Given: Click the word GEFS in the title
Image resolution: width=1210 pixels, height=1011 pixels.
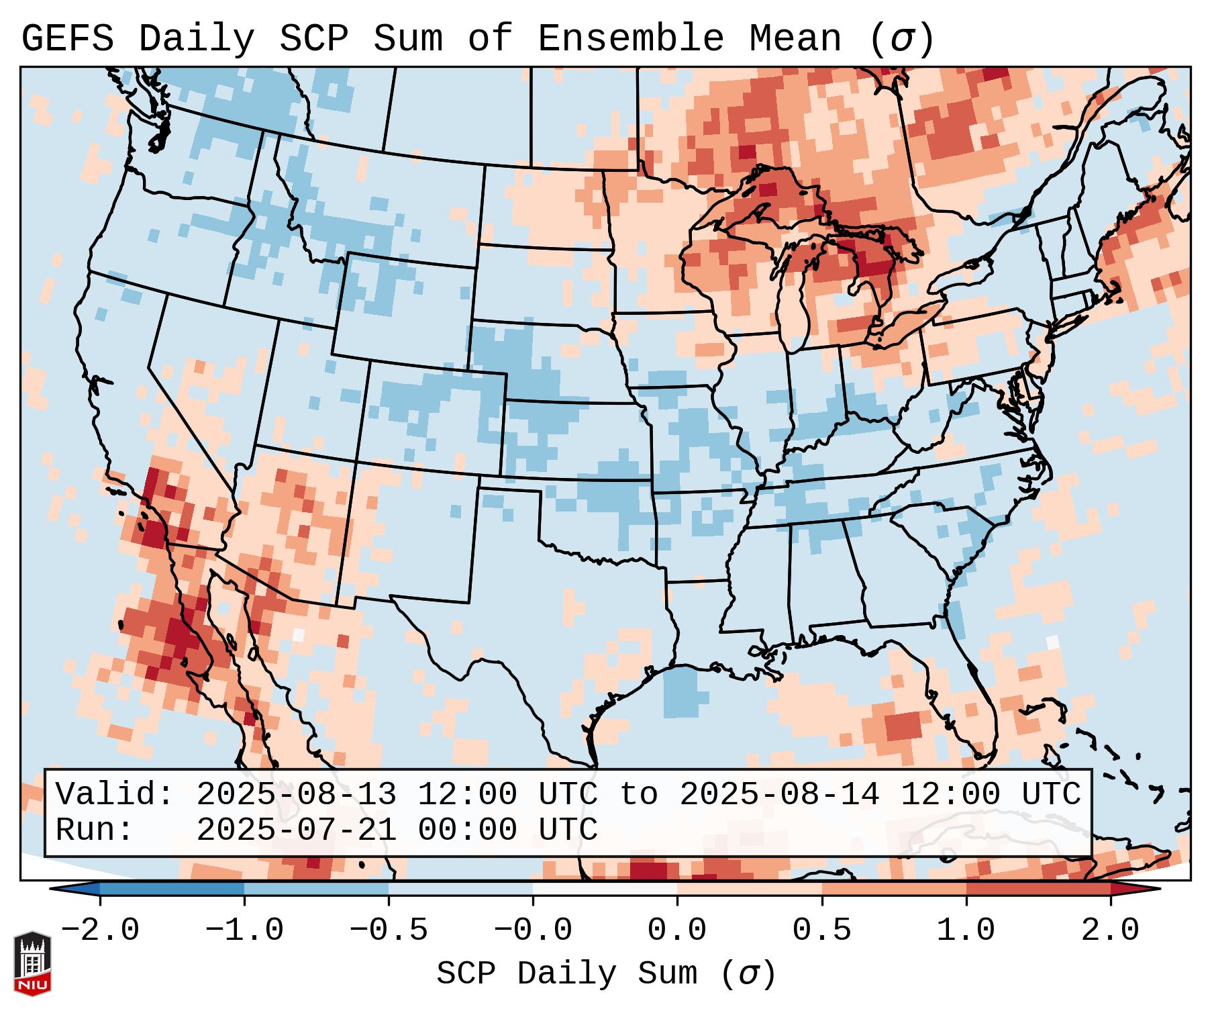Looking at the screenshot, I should pyautogui.click(x=67, y=39).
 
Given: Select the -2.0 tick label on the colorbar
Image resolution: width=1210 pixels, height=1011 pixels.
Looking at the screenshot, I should pyautogui.click(x=99, y=930).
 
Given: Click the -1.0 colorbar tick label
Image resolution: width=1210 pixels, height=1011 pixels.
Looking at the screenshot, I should pyautogui.click(x=244, y=930).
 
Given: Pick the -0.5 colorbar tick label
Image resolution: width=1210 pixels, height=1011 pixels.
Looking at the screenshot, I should pyautogui.click(x=389, y=930).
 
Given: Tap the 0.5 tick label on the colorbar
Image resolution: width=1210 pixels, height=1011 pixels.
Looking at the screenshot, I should pyautogui.click(x=821, y=930).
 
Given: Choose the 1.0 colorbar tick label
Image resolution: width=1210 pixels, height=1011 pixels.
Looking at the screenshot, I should pyautogui.click(x=966, y=930).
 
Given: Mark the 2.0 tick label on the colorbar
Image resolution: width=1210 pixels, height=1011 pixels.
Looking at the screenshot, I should pyautogui.click(x=1111, y=930).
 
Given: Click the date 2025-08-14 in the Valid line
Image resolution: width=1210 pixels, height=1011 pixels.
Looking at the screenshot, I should pyautogui.click(x=779, y=794).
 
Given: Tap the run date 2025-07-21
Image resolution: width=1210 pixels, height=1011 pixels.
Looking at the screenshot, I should pyautogui.click(x=296, y=830).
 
